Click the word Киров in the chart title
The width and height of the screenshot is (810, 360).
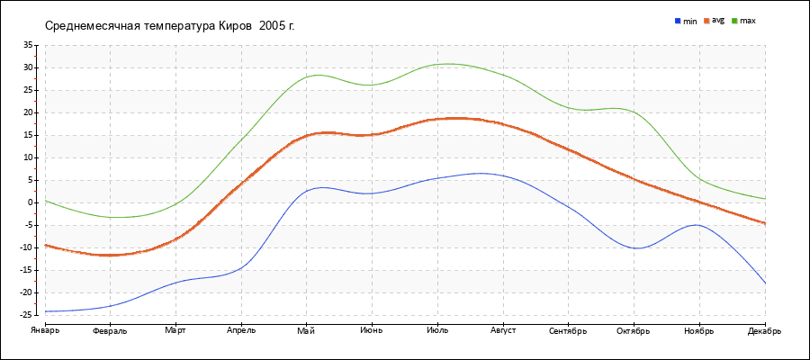tap(235, 25)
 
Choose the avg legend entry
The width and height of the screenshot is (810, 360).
tap(717, 20)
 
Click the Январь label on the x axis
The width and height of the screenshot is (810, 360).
tap(45, 330)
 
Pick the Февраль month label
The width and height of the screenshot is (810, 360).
tap(110, 331)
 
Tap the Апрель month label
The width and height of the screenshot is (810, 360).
tap(241, 330)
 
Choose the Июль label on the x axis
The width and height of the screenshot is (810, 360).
tap(437, 330)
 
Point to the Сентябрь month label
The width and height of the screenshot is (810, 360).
tap(568, 330)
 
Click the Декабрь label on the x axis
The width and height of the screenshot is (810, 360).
tap(764, 330)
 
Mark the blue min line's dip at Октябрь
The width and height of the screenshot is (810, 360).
tap(637, 247)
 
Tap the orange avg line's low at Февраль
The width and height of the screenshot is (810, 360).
tap(110, 255)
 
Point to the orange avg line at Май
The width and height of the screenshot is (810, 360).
tap(307, 135)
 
